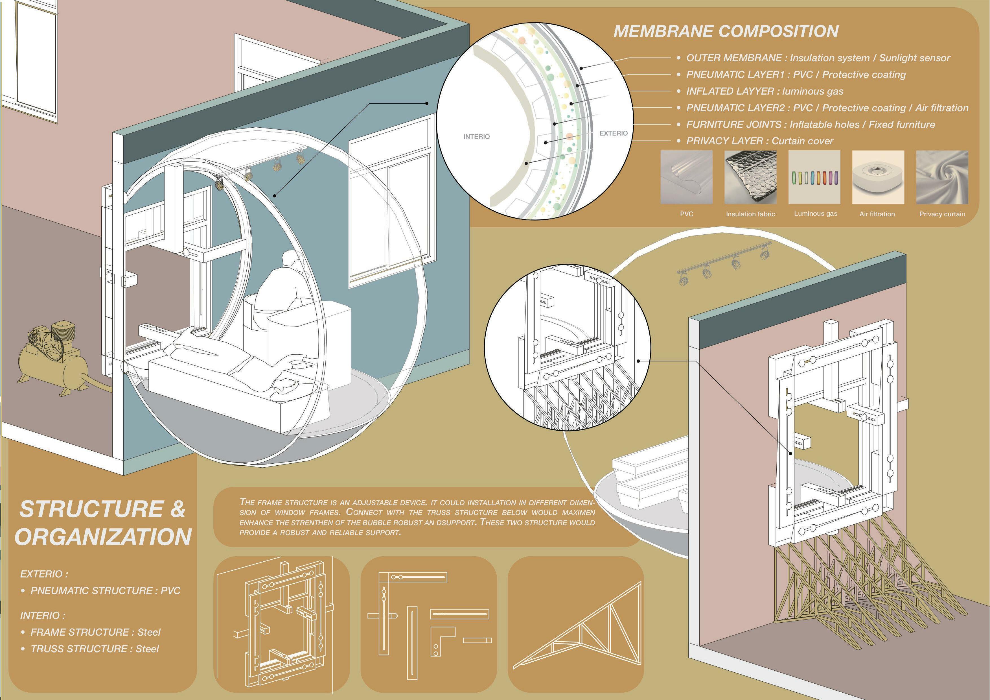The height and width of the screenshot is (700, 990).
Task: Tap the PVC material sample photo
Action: pos(686,177)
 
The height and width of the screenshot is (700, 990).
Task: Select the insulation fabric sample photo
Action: pos(750,177)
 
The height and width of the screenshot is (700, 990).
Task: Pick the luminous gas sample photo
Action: pos(814,177)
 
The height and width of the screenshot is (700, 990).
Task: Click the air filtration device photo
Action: pos(878,177)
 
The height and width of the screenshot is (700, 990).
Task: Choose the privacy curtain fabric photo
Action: pos(942,177)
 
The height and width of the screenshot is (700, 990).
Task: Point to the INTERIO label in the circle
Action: pos(476,137)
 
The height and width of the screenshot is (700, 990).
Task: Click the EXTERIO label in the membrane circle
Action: pos(613,133)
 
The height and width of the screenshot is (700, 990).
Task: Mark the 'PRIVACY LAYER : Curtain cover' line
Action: pos(759,141)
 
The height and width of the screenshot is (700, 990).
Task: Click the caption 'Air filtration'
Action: pos(877,214)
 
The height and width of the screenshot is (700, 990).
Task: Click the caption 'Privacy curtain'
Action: pos(942,214)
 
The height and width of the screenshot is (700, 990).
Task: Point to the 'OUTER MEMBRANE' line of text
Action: pos(818,58)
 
